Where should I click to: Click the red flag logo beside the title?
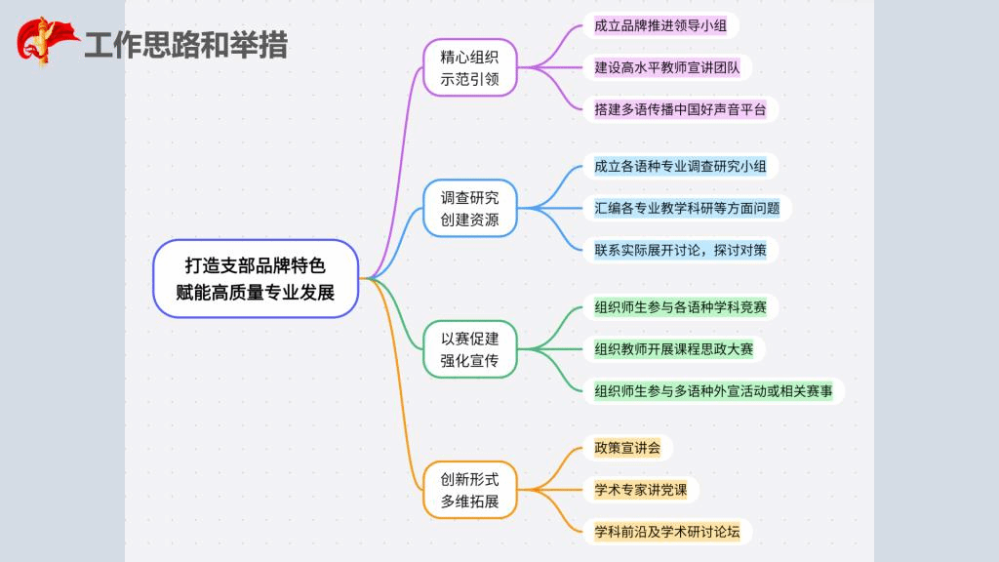[44, 41]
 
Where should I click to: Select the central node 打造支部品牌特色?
[257, 264]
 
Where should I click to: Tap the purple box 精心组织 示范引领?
[469, 67]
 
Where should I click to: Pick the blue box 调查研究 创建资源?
[469, 208]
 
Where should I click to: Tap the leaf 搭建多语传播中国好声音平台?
[680, 109]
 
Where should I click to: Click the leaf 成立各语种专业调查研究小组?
[680, 166]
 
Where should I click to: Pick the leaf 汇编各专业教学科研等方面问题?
[687, 208]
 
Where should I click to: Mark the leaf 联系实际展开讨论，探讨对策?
[680, 250]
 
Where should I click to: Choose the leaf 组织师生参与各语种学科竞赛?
[680, 307]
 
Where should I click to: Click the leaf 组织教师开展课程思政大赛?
[673, 349]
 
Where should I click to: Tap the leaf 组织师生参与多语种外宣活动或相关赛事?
[713, 391]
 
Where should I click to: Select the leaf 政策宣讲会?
[627, 448]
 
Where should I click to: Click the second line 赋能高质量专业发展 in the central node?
[257, 292]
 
